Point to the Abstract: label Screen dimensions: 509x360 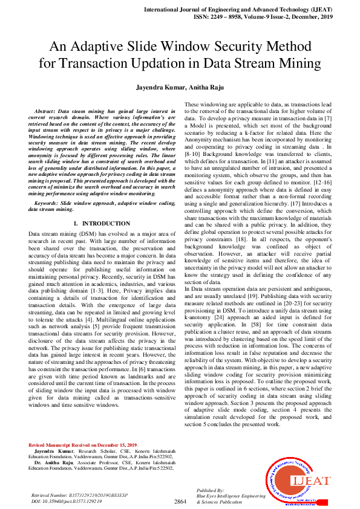[45, 112]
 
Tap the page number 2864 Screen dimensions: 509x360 [180, 502]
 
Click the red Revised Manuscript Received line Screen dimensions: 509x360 [83, 445]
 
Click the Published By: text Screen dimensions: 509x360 [211, 490]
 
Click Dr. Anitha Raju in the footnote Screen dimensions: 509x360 [56, 462]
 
